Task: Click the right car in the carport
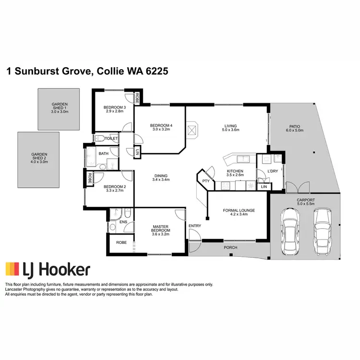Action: [322, 231]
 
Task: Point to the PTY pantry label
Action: [206, 180]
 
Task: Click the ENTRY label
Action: [195, 226]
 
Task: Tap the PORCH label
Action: [230, 248]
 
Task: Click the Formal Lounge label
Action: [239, 212]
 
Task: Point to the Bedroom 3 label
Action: [115, 109]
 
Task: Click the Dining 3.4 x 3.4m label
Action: [157, 177]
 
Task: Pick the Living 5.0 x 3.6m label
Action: [230, 127]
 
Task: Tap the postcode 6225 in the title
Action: [153, 72]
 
